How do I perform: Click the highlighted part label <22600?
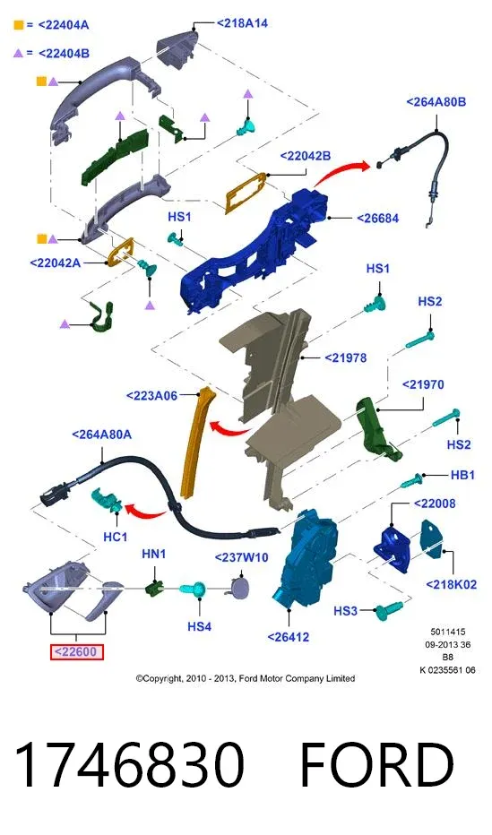tap(77, 652)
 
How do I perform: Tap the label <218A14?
tap(242, 23)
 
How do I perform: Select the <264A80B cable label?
tap(436, 102)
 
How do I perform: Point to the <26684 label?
tap(377, 219)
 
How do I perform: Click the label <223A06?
tap(151, 396)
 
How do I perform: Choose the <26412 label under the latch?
tap(288, 637)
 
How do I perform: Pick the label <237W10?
tap(241, 557)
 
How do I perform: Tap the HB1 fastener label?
tap(462, 475)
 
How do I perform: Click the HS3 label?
tap(345, 611)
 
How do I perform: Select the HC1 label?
tap(115, 537)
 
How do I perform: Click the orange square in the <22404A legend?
tap(19, 24)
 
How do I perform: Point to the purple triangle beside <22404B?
tap(19, 53)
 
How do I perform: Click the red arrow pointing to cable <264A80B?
tap(341, 172)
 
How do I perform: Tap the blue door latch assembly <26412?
tap(306, 559)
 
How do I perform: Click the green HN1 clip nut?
tap(155, 589)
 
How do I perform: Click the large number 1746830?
tap(130, 765)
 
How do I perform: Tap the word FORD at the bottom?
tap(376, 765)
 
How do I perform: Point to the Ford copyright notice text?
tap(246, 678)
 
